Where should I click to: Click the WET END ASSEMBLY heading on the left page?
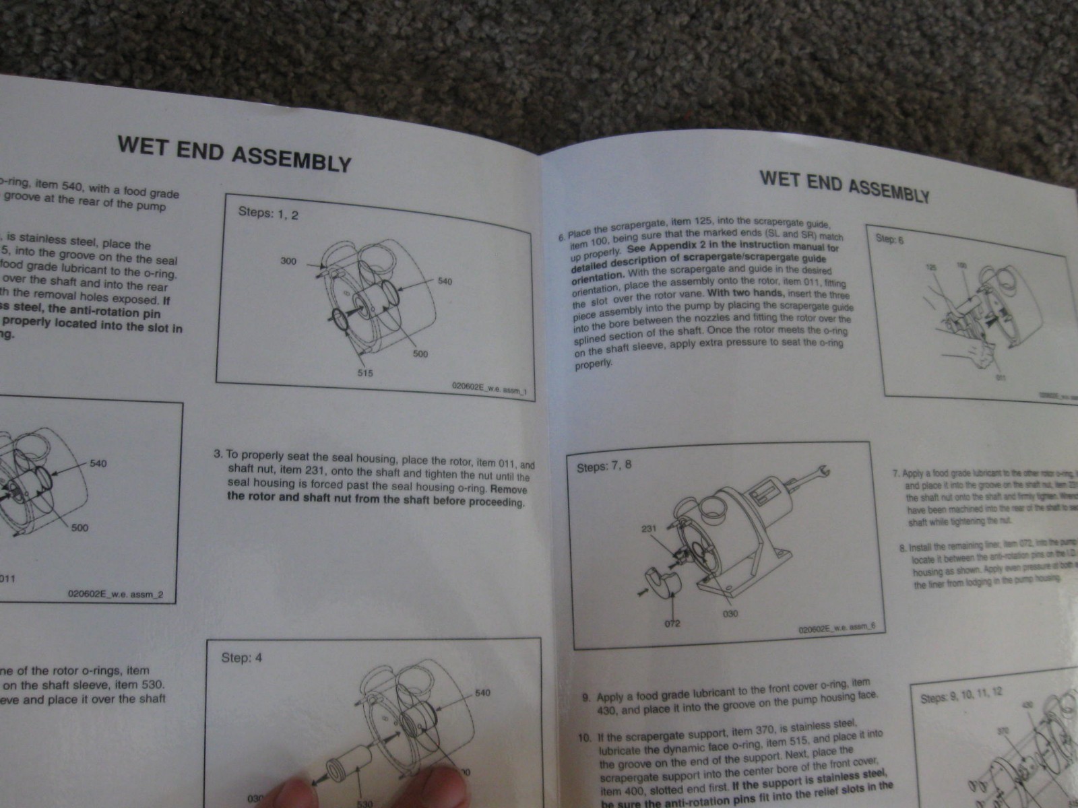click(234, 154)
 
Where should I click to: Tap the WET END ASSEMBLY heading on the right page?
click(844, 186)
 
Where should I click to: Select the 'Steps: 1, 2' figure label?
click(268, 213)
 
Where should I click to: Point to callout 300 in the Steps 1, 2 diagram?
click(288, 261)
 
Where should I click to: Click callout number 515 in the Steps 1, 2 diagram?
click(365, 372)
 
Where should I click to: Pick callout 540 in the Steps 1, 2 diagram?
click(445, 281)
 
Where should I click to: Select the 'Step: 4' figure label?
click(241, 657)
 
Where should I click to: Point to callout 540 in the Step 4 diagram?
click(482, 693)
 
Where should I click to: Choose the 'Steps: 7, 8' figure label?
click(604, 466)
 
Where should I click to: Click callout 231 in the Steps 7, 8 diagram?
click(649, 529)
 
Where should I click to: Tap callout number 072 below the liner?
click(672, 623)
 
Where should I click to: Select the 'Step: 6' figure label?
click(889, 239)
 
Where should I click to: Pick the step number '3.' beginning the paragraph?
click(218, 454)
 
